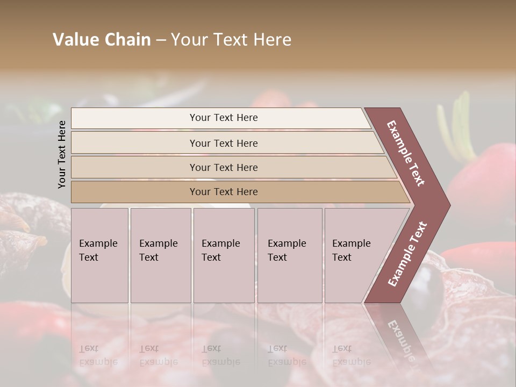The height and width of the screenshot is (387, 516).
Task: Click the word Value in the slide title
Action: click(x=75, y=40)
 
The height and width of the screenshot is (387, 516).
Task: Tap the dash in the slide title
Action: click(x=161, y=40)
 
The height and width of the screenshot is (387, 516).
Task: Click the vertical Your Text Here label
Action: click(x=62, y=154)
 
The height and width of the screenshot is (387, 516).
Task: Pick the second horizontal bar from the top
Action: click(x=224, y=143)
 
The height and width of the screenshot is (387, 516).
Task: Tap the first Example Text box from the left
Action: click(x=99, y=255)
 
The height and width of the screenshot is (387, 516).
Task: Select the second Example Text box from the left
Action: click(x=161, y=255)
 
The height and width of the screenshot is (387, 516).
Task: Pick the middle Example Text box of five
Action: click(x=224, y=255)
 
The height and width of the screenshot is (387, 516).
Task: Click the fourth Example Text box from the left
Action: click(x=290, y=255)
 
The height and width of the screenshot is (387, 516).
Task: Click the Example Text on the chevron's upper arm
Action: click(x=406, y=153)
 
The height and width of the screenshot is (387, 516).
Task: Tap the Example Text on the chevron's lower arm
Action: click(x=407, y=254)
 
